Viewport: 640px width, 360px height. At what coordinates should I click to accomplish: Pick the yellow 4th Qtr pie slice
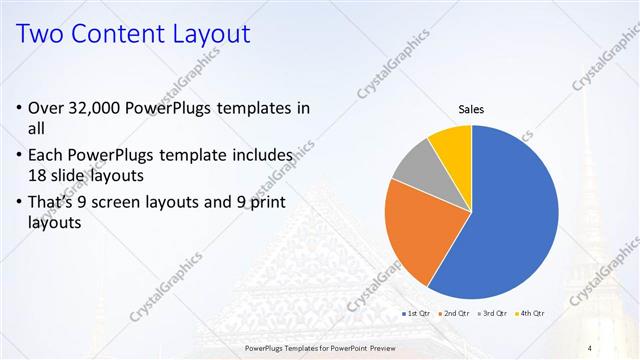452,142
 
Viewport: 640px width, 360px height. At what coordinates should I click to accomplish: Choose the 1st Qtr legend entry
416,315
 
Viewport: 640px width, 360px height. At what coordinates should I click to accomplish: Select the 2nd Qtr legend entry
456,315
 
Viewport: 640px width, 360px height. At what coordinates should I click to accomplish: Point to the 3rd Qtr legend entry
493,315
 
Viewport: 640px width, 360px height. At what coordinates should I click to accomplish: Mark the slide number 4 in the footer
590,347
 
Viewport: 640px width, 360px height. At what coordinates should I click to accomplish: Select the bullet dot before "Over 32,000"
20,109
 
